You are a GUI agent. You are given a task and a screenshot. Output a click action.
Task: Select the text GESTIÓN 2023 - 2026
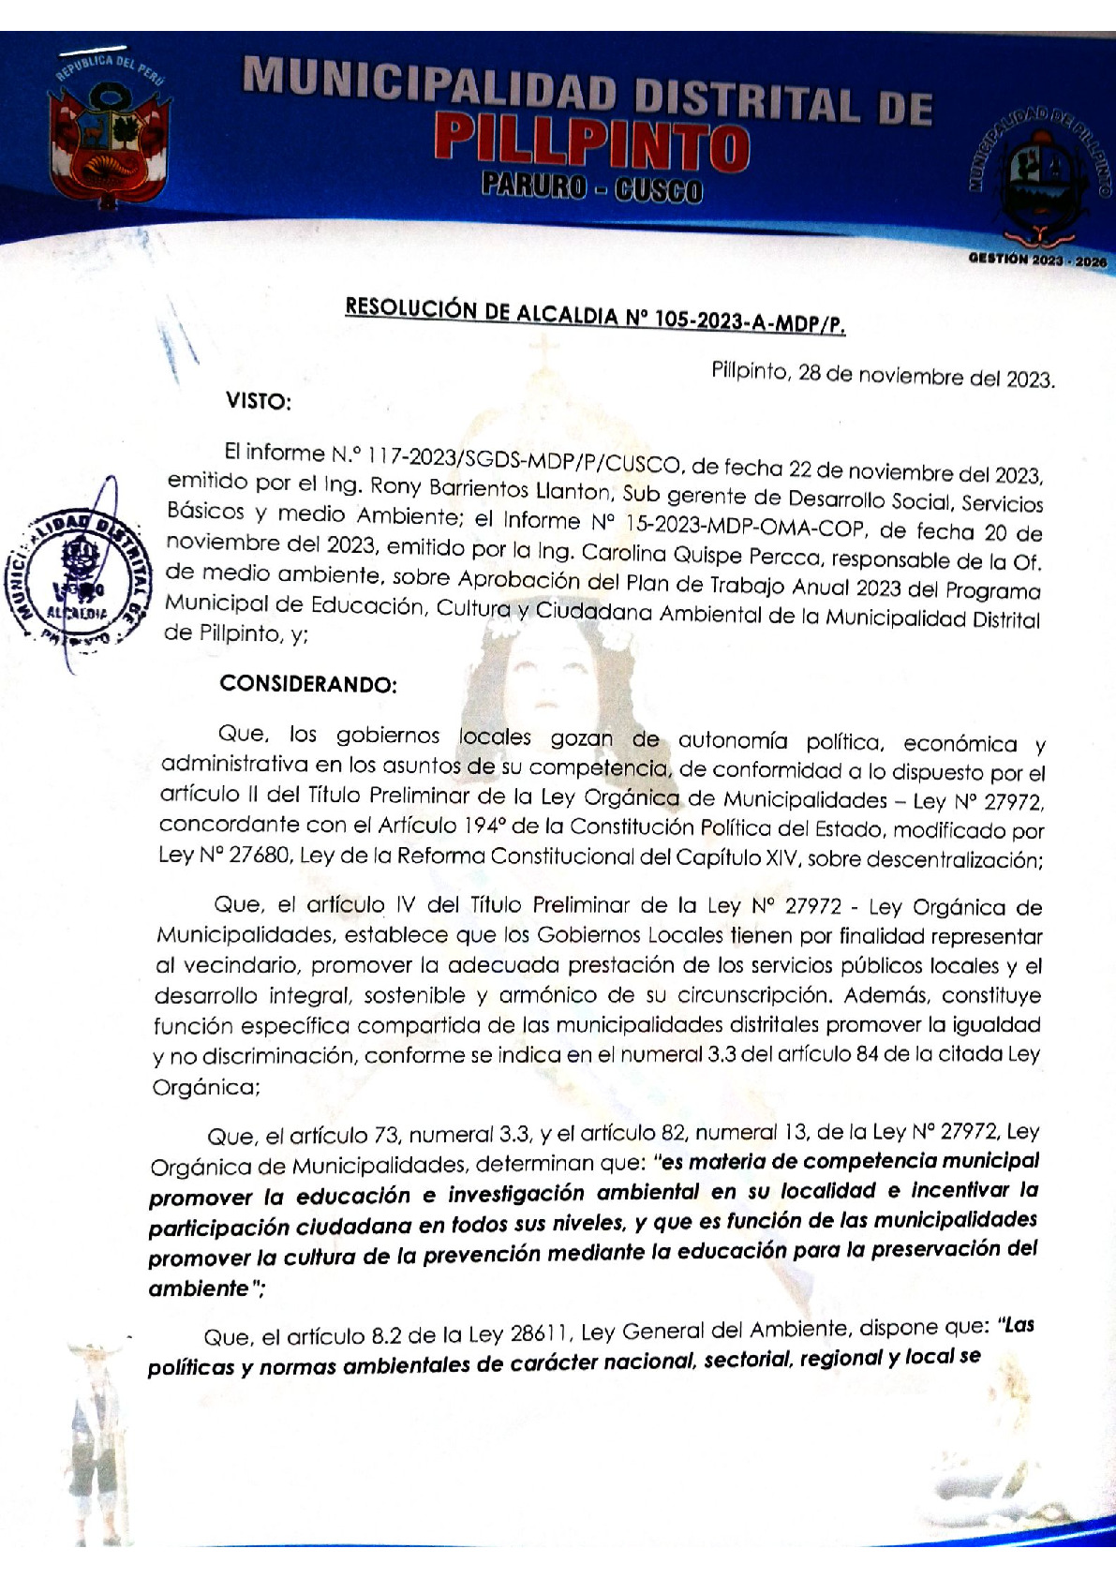(1037, 261)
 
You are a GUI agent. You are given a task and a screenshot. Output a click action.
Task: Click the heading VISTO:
(259, 402)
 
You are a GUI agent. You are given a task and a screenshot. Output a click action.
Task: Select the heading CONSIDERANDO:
(308, 684)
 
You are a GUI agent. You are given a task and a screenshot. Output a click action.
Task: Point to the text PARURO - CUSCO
(591, 190)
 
